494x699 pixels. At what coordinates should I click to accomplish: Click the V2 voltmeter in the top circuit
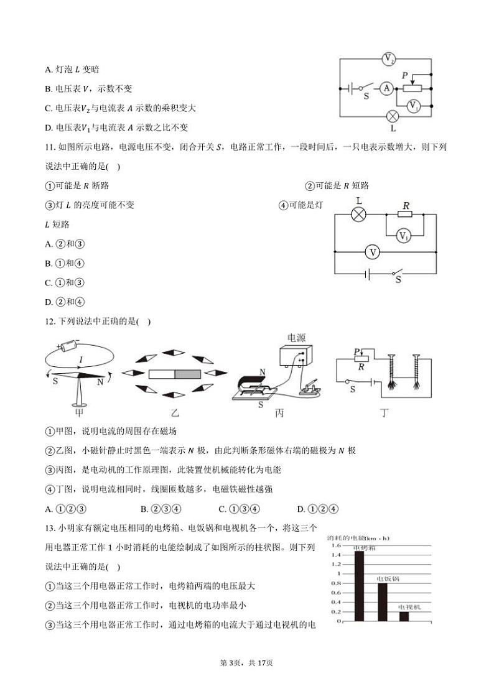388,59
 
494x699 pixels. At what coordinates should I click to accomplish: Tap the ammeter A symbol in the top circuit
386,88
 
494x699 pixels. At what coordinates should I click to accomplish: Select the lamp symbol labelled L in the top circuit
393,116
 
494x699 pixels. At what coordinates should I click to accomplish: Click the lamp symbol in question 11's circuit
358,214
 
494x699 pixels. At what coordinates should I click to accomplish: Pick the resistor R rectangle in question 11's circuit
405,214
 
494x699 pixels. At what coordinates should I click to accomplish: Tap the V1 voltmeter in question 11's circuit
404,235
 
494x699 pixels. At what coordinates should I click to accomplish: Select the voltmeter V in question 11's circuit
372,252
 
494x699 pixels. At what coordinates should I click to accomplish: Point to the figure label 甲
79,412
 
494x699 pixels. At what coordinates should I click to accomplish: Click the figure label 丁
386,412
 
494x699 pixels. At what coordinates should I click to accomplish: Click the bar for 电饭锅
383,601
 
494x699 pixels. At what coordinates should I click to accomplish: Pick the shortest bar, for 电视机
404,616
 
